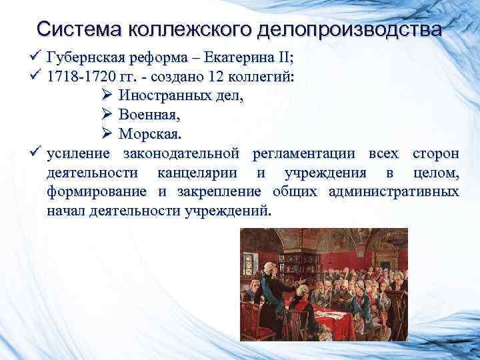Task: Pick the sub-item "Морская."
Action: [149, 135]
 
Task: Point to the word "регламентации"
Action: [307, 155]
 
